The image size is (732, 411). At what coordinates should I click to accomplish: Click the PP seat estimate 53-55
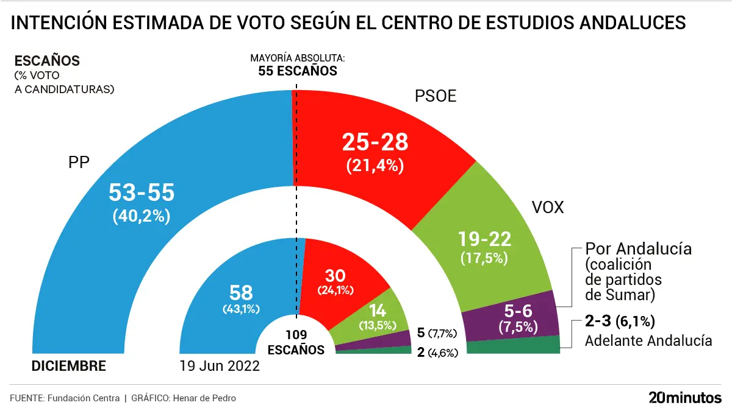point(142,192)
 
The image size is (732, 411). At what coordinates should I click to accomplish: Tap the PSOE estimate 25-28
point(375,143)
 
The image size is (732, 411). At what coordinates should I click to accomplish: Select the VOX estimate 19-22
point(486,238)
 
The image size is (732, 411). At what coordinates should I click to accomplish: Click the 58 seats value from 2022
point(241,292)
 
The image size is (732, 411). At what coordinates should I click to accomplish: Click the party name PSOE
point(435,96)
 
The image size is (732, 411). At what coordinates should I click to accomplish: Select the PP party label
point(79,163)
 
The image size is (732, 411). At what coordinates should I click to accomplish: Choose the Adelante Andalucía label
point(648,340)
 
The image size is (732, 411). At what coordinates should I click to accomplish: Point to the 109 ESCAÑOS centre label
point(296,342)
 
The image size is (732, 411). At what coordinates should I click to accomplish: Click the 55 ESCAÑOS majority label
point(297,70)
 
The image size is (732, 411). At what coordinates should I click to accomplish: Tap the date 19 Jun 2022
point(220,367)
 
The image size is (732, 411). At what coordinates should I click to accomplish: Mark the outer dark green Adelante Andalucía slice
point(512,346)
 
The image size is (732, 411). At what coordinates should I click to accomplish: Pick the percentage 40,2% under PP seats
point(142,216)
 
